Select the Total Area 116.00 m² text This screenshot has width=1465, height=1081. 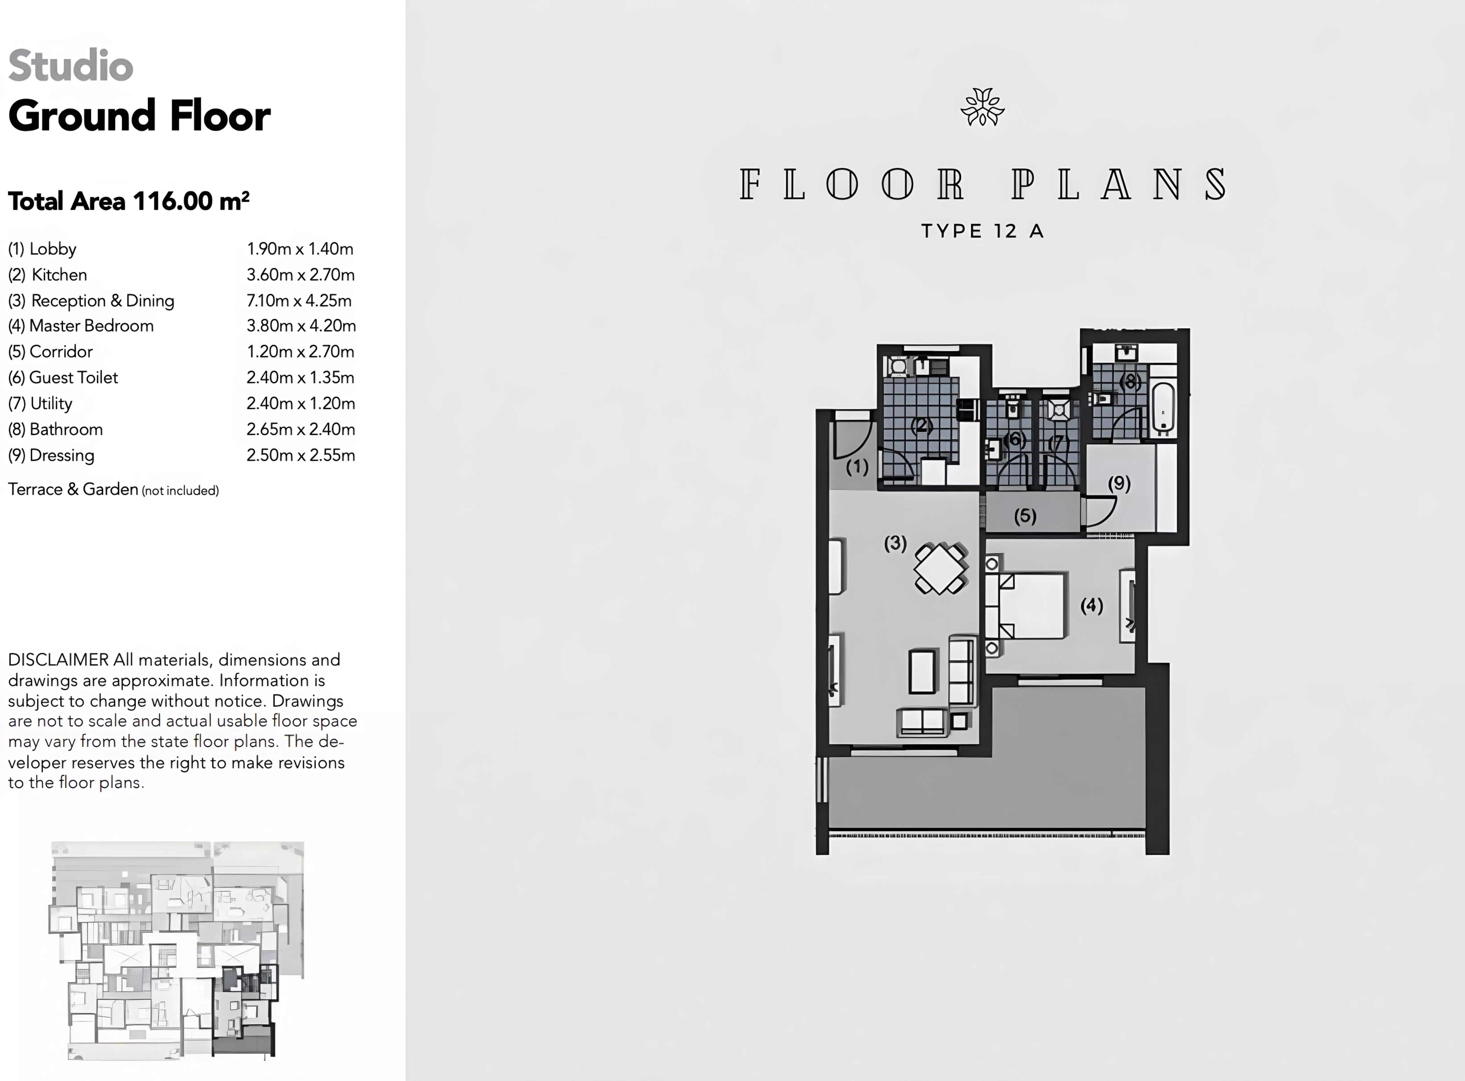tap(129, 201)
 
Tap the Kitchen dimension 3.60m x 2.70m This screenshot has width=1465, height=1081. tap(300, 275)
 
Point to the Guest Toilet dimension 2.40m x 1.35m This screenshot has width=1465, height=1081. tap(300, 377)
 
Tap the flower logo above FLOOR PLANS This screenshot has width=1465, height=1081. tap(982, 107)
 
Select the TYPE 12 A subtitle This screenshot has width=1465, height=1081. tap(982, 231)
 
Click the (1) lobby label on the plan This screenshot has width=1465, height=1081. tap(857, 467)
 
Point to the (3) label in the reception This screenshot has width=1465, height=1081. tap(895, 543)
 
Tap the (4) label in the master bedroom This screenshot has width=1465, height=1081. tap(1091, 605)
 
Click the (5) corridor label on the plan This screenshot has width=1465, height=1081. tap(1025, 516)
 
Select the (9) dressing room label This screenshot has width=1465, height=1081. tap(1119, 484)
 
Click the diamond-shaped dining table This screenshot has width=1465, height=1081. tap(940, 568)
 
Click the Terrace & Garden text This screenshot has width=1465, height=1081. tap(73, 489)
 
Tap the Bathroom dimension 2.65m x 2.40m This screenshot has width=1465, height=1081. tap(300, 429)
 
